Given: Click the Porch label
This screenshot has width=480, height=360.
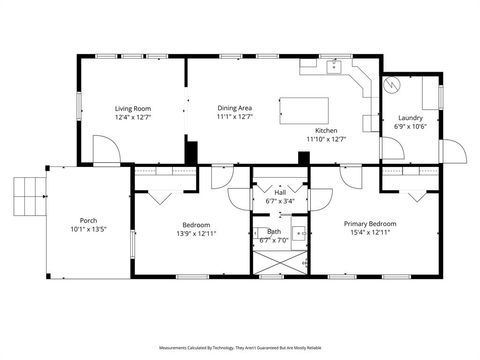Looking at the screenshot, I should coord(88,220).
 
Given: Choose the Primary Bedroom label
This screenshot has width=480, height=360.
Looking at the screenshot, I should coord(370,224).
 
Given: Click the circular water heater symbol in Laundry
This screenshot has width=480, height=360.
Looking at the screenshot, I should coord(394,84).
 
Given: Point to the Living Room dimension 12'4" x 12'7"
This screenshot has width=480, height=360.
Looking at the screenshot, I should coord(132,116).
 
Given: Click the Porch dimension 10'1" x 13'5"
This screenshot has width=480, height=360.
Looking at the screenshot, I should coord(88,229).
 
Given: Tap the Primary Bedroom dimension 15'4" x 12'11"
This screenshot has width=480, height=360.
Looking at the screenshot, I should coord(370,233).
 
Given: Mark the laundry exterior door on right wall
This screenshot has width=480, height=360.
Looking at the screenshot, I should coord(454,154).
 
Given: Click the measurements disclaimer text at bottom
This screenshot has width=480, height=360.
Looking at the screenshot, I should coord(240,347).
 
